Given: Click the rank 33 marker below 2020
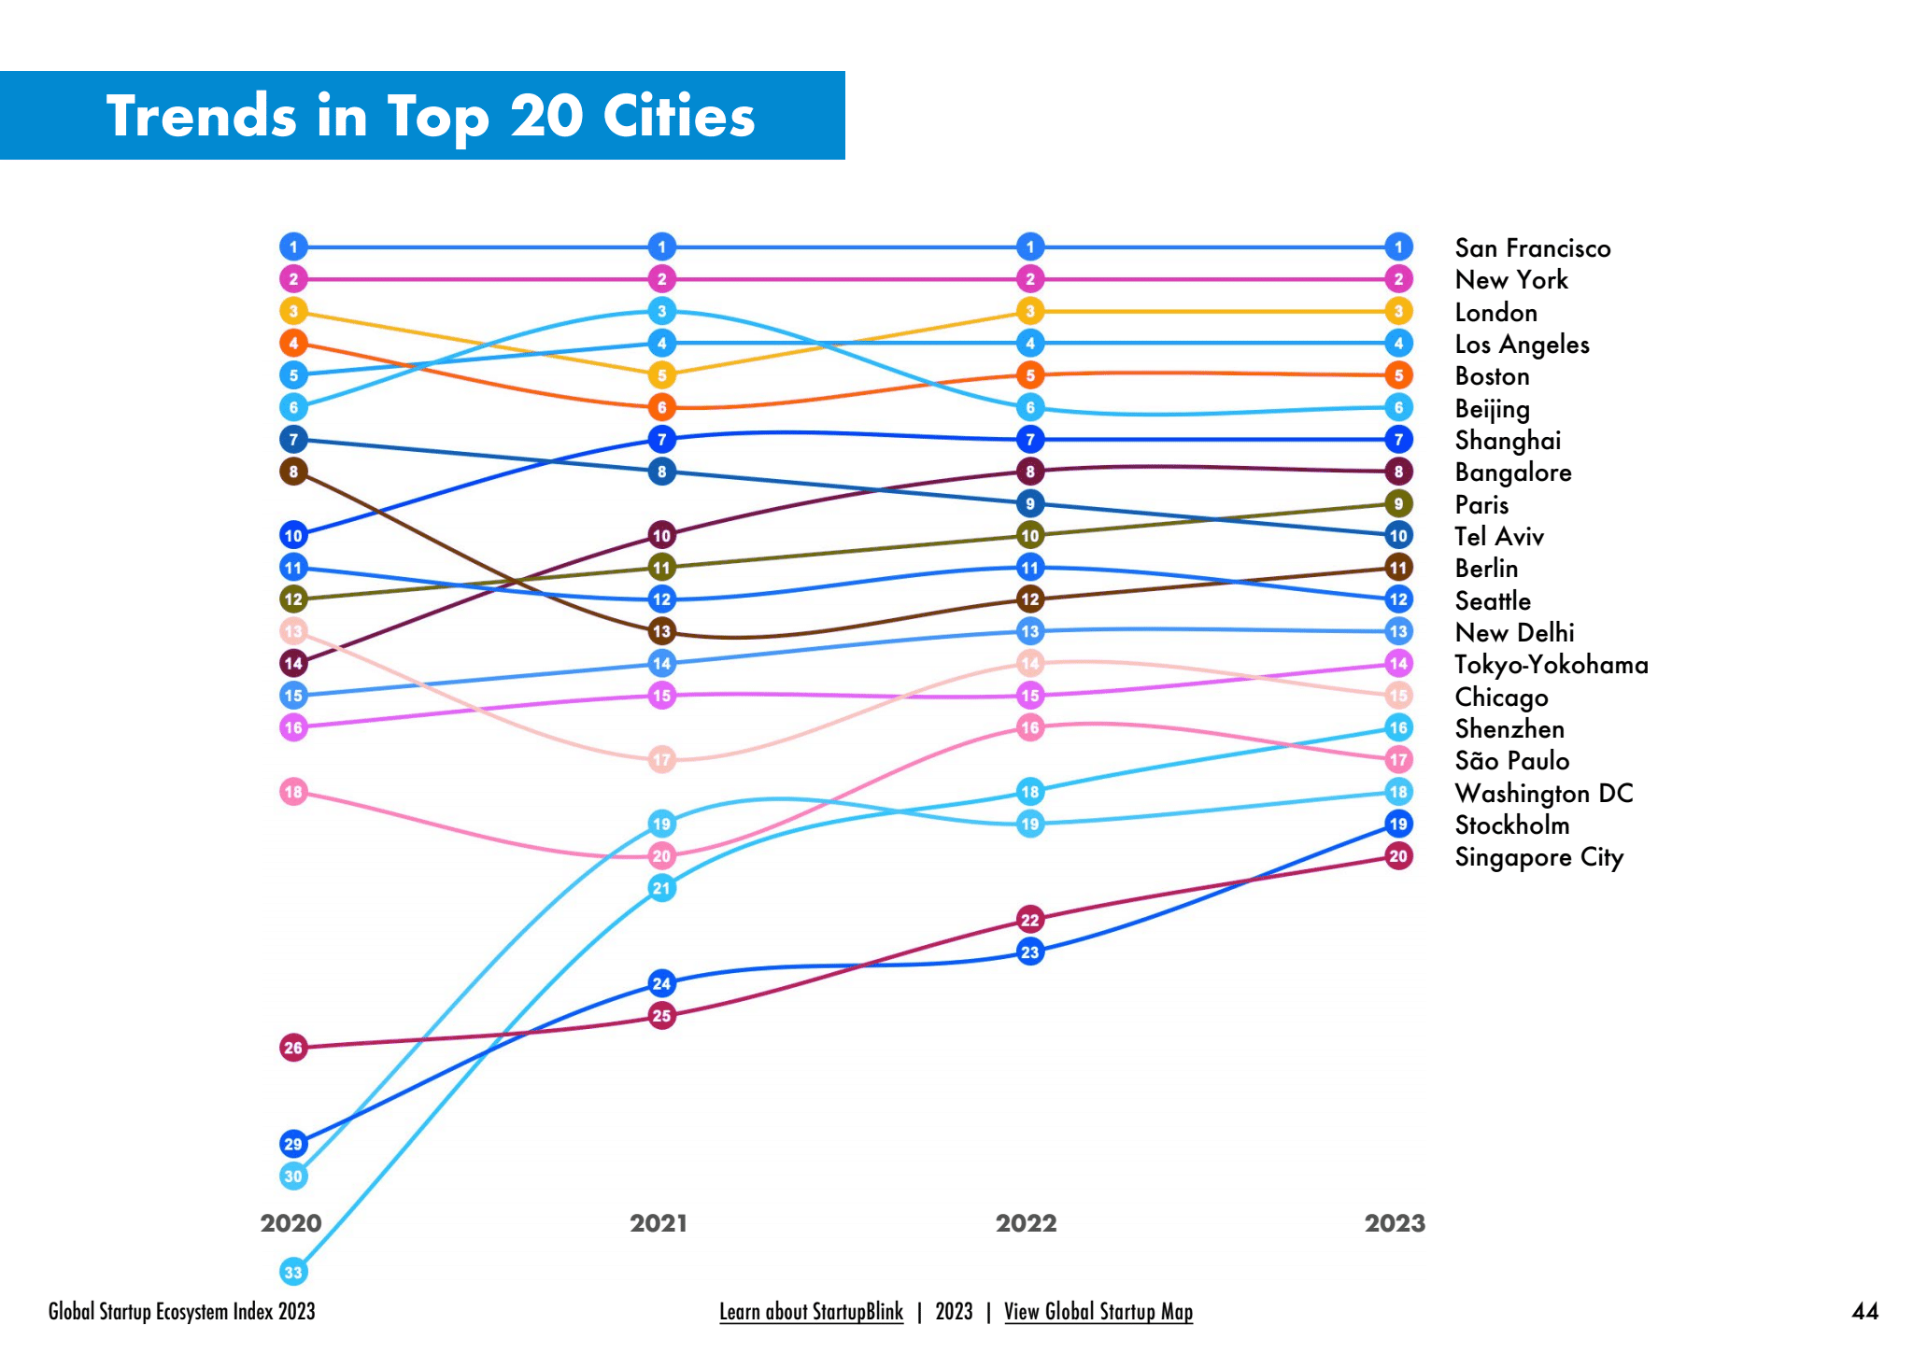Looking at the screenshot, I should [293, 1272].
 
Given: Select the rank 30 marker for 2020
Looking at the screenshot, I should [293, 1176].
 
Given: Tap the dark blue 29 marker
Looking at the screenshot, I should [293, 1144].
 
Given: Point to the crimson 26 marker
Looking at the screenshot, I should [293, 1048].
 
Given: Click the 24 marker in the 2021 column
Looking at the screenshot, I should [661, 983].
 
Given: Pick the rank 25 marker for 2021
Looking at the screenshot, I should [661, 1016].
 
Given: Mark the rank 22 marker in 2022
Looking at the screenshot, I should [1029, 920].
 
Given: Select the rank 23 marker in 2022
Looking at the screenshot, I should [1029, 952].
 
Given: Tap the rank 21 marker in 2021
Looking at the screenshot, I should [661, 888].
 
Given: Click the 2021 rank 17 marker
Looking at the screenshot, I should [661, 759].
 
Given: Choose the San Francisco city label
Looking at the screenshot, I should [1532, 248].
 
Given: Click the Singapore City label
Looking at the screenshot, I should [1538, 857].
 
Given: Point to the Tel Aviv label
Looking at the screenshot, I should [1498, 537].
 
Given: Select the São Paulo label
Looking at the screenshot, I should [1511, 761].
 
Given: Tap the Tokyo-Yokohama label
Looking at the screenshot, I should [1551, 665].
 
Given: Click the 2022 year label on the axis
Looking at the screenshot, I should [1026, 1223].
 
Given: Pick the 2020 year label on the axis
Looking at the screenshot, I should [290, 1223].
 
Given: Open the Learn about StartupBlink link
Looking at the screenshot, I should [811, 1312].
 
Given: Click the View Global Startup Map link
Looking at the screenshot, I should [1098, 1312].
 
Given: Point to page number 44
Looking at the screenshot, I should [1864, 1312].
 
